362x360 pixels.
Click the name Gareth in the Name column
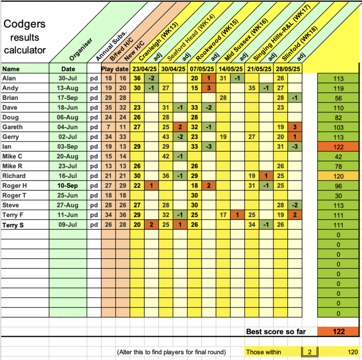click(12, 127)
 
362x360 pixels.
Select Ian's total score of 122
click(339, 147)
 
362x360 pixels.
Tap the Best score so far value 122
click(339, 332)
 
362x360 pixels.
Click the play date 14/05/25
click(230, 69)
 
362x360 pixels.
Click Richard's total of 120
click(339, 176)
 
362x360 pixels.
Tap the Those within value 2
click(309, 352)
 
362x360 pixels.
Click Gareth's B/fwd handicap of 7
click(109, 127)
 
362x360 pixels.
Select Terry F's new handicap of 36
click(123, 215)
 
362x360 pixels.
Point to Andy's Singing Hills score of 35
click(253, 88)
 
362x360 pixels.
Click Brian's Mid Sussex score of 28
click(224, 98)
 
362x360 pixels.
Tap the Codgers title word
click(24, 24)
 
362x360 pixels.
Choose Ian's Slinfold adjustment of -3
click(295, 147)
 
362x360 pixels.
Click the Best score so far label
click(276, 332)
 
